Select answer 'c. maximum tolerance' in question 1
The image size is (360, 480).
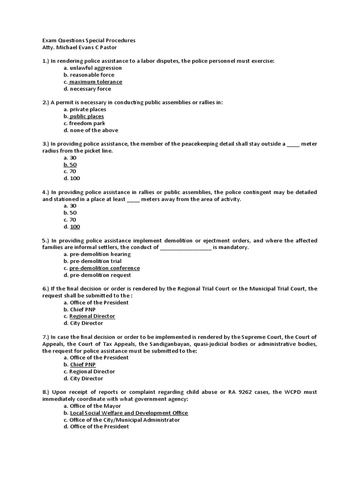pyautogui.click(x=93, y=82)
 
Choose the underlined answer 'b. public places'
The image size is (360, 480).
pyautogui.click(x=84, y=116)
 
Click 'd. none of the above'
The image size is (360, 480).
pyautogui.click(x=91, y=130)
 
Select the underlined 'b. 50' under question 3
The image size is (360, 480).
pyautogui.click(x=70, y=165)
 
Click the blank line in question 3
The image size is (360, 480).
pyautogui.click(x=292, y=144)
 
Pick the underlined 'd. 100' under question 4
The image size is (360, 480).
pyautogui.click(x=72, y=227)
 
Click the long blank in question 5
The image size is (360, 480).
pyautogui.click(x=186, y=247)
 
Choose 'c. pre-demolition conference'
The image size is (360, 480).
pyautogui.click(x=102, y=268)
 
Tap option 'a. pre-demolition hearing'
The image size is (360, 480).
pyautogui.click(x=97, y=254)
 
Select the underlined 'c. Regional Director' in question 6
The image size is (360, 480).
pyautogui.click(x=89, y=316)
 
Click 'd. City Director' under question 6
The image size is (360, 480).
pyautogui.click(x=83, y=323)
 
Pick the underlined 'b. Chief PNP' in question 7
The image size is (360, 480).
pyautogui.click(x=80, y=365)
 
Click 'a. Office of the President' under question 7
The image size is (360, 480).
pyautogui.click(x=96, y=358)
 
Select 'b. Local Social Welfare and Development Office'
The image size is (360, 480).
pyautogui.click(x=126, y=413)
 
